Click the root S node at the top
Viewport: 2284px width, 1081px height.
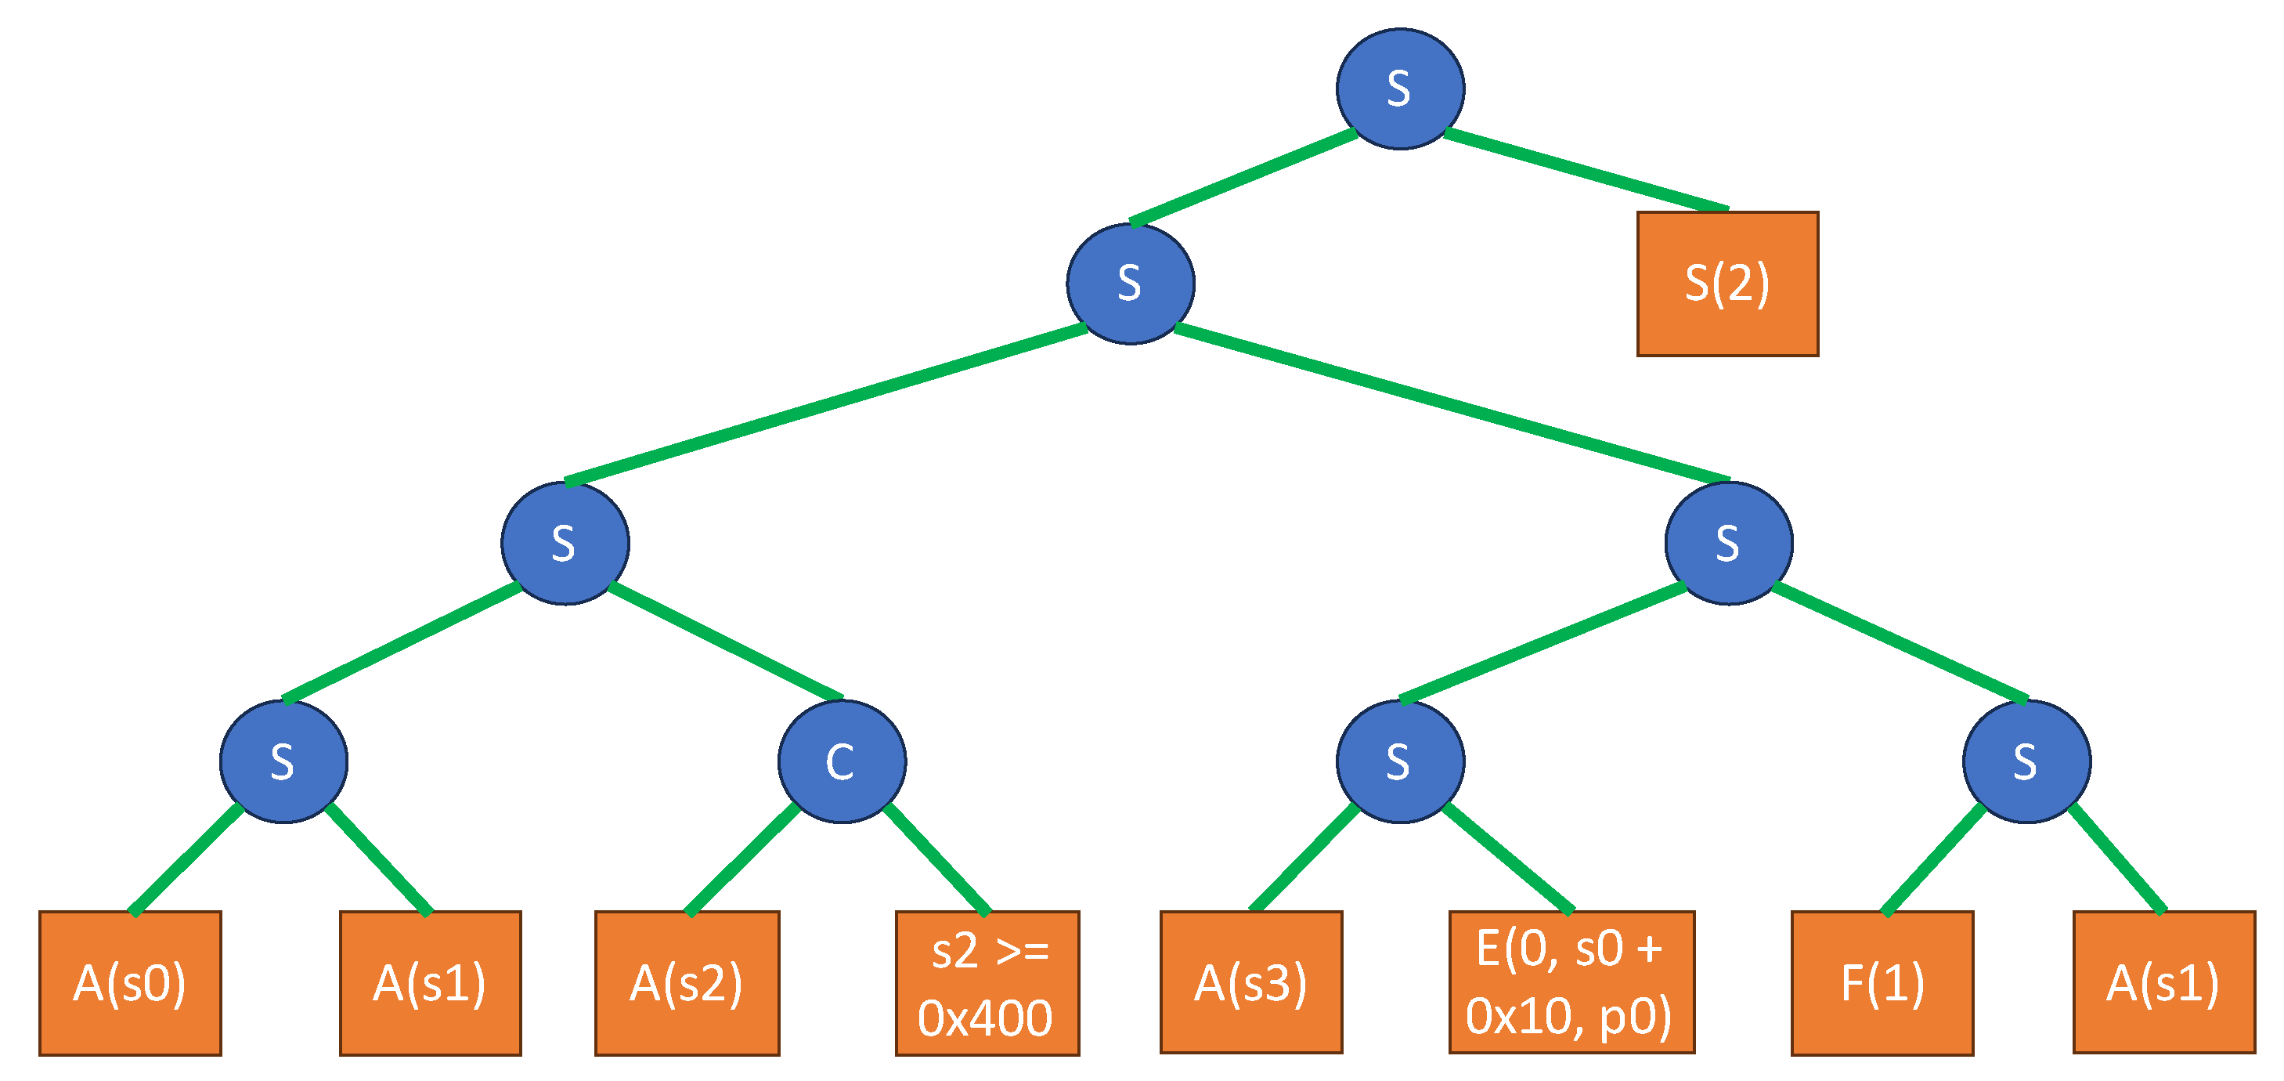click(x=1400, y=89)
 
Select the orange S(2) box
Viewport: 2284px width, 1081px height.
click(x=1727, y=284)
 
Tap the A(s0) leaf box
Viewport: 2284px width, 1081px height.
click(x=130, y=982)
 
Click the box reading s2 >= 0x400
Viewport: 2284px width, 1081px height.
click(x=987, y=982)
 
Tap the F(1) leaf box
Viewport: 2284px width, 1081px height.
click(x=1882, y=982)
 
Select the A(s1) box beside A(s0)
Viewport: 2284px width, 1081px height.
click(x=430, y=982)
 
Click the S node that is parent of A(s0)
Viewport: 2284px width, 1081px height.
click(x=283, y=761)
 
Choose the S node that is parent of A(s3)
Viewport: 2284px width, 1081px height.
click(x=1400, y=761)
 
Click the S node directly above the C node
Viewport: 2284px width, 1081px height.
click(x=565, y=543)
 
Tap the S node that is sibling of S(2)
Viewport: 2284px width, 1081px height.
click(x=1131, y=284)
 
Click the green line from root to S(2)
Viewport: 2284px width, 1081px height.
click(x=1587, y=171)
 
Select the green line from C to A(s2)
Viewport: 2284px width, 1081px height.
click(x=743, y=859)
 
